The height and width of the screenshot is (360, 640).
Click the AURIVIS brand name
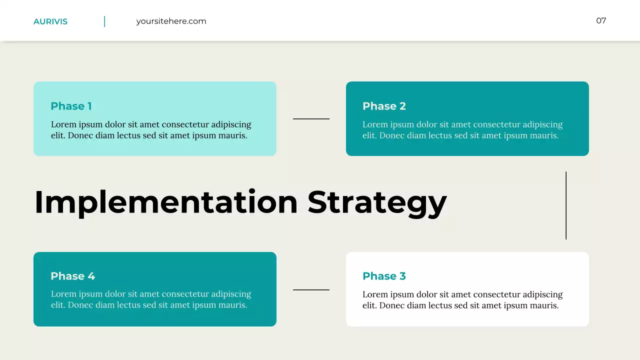(50, 21)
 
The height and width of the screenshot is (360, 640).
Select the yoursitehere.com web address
(171, 21)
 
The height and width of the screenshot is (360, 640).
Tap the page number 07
(601, 20)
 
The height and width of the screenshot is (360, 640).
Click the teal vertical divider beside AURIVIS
(104, 21)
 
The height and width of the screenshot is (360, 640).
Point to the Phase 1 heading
(71, 106)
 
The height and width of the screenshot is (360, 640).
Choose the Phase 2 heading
(384, 106)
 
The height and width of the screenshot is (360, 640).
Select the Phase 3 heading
(384, 276)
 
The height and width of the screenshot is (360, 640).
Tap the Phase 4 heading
(72, 276)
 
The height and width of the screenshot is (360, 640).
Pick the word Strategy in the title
(377, 202)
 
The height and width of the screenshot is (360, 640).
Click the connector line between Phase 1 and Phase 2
(311, 119)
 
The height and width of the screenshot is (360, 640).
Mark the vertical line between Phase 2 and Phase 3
(566, 205)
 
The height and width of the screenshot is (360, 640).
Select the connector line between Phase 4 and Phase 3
(311, 289)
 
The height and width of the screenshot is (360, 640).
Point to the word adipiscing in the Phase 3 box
(542, 294)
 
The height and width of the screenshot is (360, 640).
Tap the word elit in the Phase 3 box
(369, 305)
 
